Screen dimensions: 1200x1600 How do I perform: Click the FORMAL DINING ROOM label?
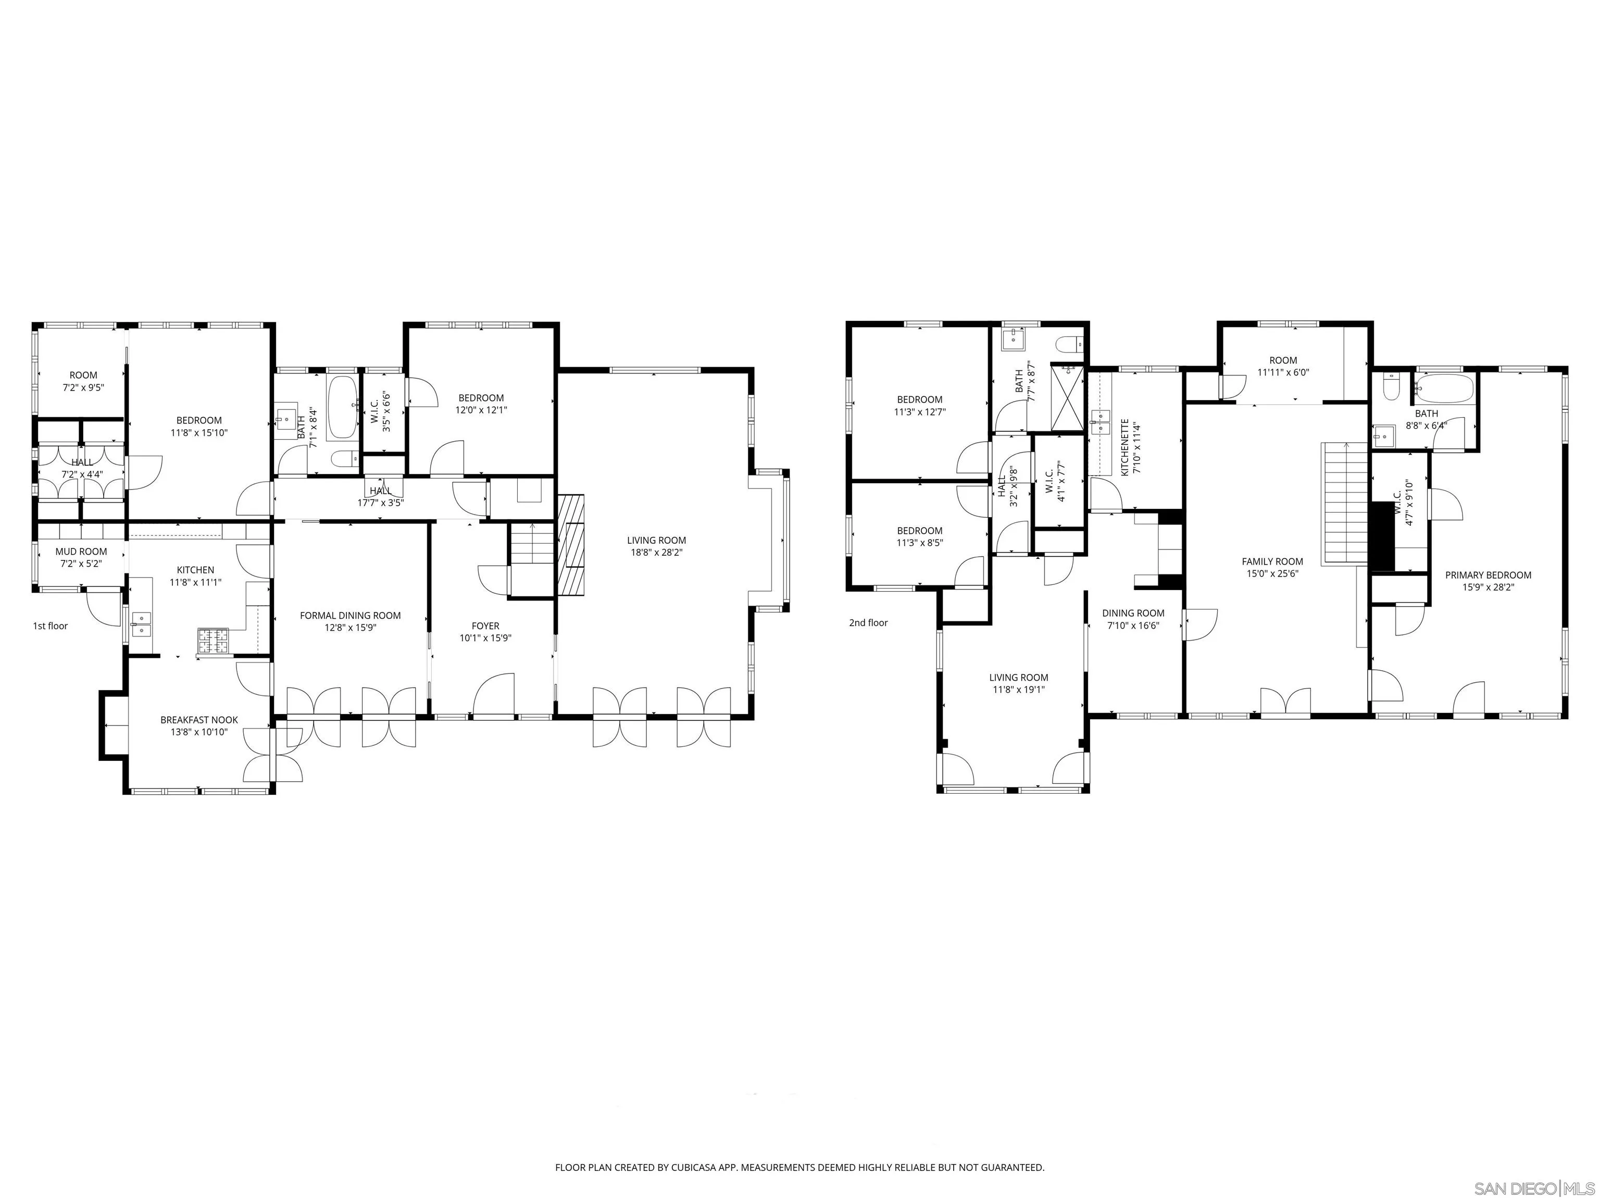350,616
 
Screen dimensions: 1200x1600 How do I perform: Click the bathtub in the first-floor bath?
342,407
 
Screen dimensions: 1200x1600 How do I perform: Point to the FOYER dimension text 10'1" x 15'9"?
485,638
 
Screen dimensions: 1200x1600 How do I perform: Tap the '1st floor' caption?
50,626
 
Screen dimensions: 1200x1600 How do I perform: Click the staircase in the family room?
1345,504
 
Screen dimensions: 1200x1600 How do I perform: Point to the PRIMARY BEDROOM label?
1488,575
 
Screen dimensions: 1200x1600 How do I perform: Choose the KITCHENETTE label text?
1125,447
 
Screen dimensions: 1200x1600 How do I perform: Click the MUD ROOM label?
81,551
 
